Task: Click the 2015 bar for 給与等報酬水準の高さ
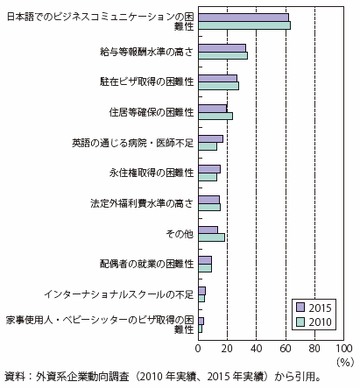pyautogui.click(x=222, y=48)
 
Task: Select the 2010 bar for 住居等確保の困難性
pyautogui.click(x=215, y=117)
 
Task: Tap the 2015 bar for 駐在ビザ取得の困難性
pyautogui.click(x=217, y=78)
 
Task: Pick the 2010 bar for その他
pyautogui.click(x=211, y=237)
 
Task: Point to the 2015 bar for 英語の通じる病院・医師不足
pyautogui.click(x=210, y=139)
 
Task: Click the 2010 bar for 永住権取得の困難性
pyautogui.click(x=208, y=177)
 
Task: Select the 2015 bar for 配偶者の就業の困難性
pyautogui.click(x=205, y=260)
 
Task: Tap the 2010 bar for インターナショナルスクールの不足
pyautogui.click(x=201, y=299)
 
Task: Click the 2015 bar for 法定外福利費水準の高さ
pyautogui.click(x=208, y=200)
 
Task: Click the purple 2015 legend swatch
pyautogui.click(x=300, y=308)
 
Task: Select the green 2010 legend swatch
pyautogui.click(x=300, y=322)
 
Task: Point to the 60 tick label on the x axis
pyautogui.click(x=286, y=349)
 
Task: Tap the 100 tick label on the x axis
pyautogui.click(x=344, y=349)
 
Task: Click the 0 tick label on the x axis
pyautogui.click(x=198, y=349)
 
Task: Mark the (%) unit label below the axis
pyautogui.click(x=345, y=362)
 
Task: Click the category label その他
pyautogui.click(x=180, y=234)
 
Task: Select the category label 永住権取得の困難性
pyautogui.click(x=152, y=173)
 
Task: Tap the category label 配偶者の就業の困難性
pyautogui.click(x=146, y=264)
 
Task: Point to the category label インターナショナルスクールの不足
pyautogui.click(x=119, y=294)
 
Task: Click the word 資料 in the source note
pyautogui.click(x=14, y=377)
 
